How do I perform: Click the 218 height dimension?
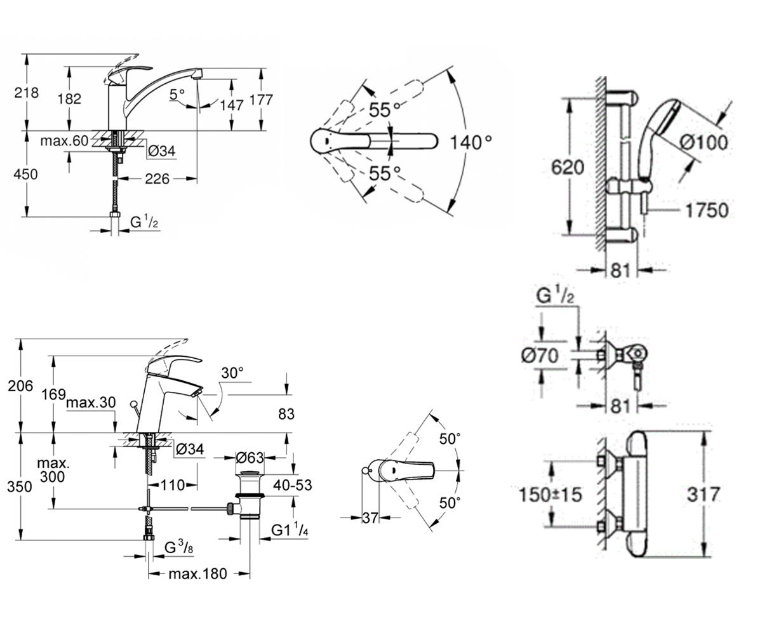tap(26, 93)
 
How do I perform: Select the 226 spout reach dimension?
tap(157, 179)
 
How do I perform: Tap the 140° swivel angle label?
tap(471, 142)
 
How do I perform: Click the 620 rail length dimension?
tap(568, 168)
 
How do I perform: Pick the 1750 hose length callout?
tap(707, 211)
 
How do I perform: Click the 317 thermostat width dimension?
tap(703, 495)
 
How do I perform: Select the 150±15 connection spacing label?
tap(551, 495)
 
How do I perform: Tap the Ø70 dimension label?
tap(540, 355)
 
